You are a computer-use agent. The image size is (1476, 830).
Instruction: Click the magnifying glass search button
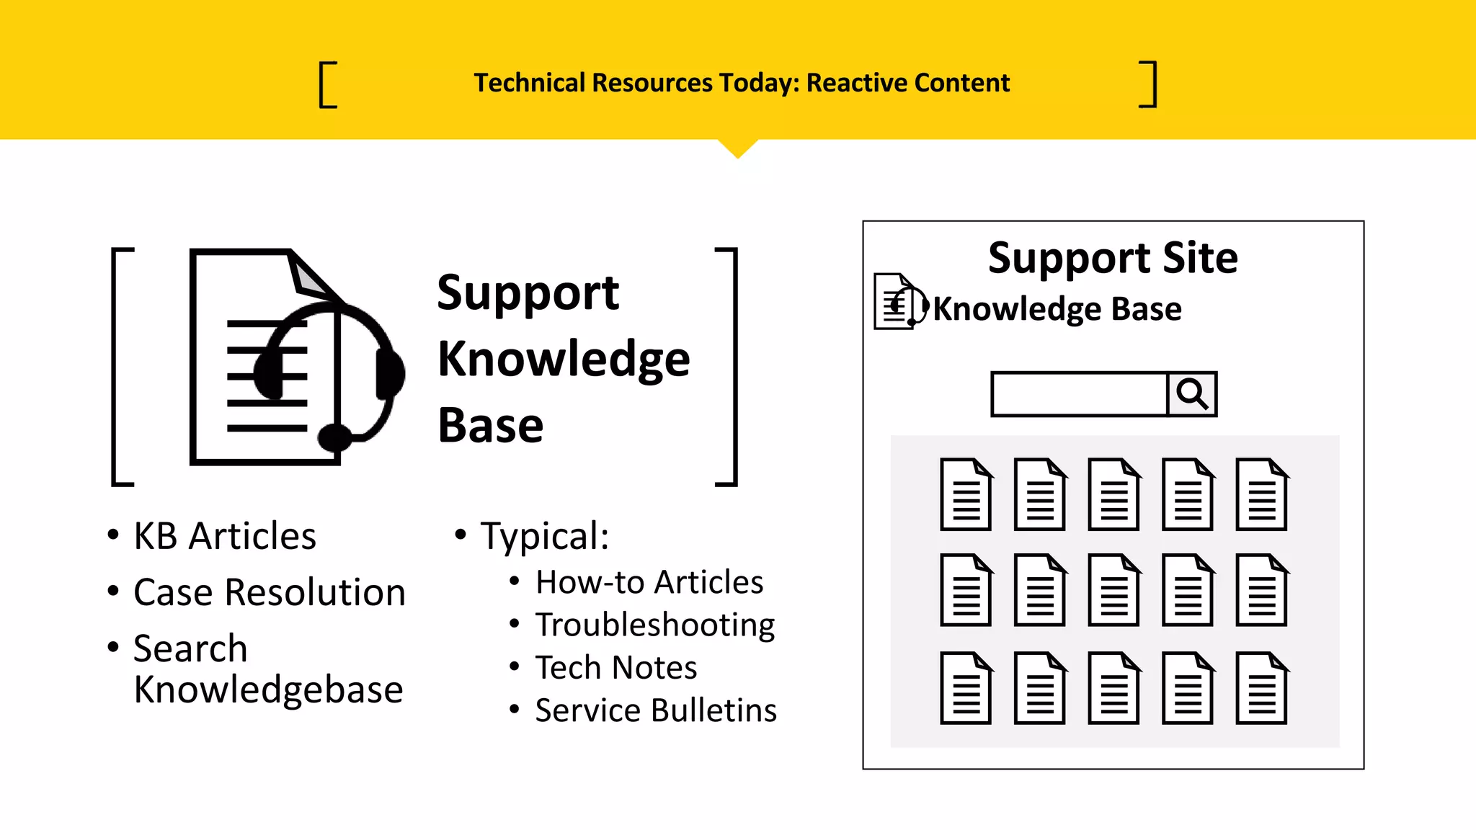[x=1192, y=394]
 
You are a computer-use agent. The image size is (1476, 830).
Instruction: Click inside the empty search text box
[x=1079, y=394]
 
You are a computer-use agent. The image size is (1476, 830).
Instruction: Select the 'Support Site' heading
[x=1113, y=258]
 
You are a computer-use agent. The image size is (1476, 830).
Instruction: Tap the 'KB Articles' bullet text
[x=225, y=536]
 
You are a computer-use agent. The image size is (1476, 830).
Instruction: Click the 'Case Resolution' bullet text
[x=270, y=592]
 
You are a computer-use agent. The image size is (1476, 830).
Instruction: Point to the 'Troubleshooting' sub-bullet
[x=654, y=625]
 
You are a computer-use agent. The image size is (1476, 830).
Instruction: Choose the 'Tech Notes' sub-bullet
[x=616, y=667]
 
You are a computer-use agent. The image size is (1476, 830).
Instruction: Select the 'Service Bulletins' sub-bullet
[x=656, y=710]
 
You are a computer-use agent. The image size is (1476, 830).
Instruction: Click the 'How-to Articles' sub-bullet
[x=649, y=582]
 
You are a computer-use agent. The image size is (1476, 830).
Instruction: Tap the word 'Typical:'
[x=545, y=536]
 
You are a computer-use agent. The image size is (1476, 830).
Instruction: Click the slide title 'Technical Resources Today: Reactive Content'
[x=742, y=83]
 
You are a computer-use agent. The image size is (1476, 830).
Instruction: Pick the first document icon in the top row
[x=966, y=494]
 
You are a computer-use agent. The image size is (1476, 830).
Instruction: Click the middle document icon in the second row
[x=1114, y=590]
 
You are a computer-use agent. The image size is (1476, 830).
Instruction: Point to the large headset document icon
[x=295, y=357]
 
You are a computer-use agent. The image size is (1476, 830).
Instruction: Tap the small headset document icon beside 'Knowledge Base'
[x=899, y=302]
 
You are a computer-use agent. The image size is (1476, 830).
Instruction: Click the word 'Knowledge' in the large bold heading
[x=564, y=359]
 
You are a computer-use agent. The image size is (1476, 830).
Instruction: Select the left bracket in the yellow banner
[x=328, y=85]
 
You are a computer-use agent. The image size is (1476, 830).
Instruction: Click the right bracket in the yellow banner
[x=1149, y=85]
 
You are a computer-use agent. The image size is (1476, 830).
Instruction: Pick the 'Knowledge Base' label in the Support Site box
[x=1057, y=309]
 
